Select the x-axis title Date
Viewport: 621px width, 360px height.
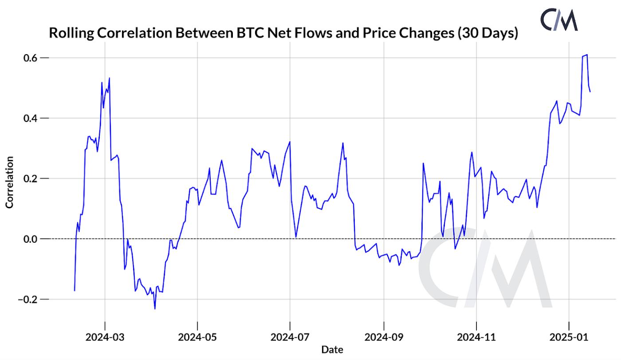[332, 349]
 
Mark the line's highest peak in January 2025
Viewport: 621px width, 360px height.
[587, 55]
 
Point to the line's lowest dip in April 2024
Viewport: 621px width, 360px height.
[155, 309]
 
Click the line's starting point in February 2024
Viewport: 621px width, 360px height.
[75, 291]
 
